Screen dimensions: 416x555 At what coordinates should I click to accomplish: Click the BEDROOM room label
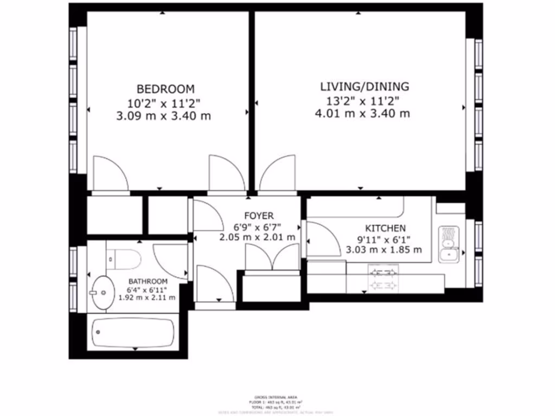165,89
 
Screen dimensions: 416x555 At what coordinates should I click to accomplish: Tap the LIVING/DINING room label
364,87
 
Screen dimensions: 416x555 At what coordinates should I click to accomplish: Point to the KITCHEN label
384,229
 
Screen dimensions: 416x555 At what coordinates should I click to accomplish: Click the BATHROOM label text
147,282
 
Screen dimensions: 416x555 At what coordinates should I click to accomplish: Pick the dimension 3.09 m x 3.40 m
164,116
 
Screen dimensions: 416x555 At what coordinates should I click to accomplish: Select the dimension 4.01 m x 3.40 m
362,114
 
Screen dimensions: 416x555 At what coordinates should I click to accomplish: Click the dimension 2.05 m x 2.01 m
257,237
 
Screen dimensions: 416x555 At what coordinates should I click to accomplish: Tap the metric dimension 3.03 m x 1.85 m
384,250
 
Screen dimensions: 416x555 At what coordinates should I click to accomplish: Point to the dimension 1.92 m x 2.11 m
147,297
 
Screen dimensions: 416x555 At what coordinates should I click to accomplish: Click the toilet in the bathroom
123,259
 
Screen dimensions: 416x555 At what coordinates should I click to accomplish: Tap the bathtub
133,332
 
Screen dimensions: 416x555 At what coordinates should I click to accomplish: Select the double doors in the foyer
272,257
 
